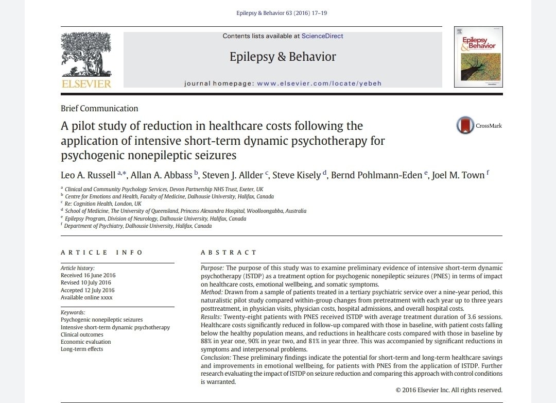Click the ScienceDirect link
[322, 36]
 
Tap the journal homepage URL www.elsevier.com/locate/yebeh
[319, 83]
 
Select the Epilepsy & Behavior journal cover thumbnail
[478, 57]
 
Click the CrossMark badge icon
[465, 125]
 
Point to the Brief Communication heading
[99, 109]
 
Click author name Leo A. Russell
[88, 175]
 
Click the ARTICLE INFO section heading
[102, 253]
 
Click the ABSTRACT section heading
[229, 253]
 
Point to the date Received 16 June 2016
[88, 275]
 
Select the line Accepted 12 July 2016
[88, 290]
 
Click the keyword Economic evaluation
[85, 342]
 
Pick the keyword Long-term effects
[82, 349]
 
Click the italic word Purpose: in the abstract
[212, 268]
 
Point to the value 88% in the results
[207, 341]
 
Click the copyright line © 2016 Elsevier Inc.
[449, 390]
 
